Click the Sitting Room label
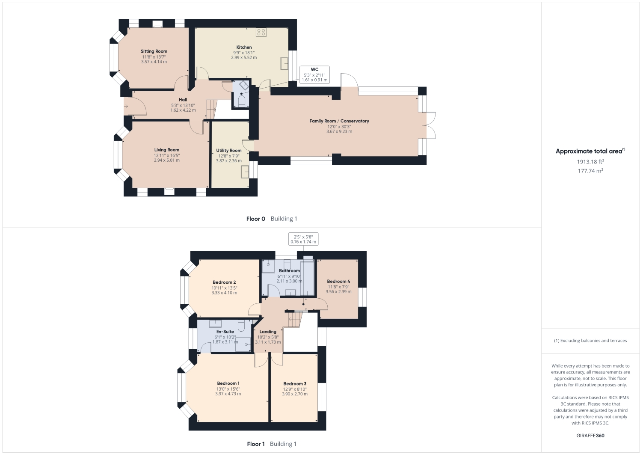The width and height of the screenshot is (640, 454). coord(154,51)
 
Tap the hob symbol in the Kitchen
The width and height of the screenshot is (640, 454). coord(261,33)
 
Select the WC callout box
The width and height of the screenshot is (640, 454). coord(314,74)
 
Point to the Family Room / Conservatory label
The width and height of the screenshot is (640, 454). coord(339,121)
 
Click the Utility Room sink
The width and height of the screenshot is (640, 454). coord(246,172)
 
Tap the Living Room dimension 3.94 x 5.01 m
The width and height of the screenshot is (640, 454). coord(167,160)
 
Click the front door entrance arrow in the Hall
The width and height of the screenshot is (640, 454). coord(126,106)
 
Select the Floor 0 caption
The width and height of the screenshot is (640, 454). coord(256,219)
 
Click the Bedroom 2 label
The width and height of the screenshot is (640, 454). coord(224,282)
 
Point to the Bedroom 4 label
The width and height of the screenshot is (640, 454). coord(338,282)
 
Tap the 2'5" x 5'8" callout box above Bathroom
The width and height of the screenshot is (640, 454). coord(303,239)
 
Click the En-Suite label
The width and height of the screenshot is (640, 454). coord(225,332)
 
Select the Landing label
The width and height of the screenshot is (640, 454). coord(268,332)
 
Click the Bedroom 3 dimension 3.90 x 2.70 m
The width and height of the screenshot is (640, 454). coord(295,394)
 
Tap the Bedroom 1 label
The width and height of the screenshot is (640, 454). coord(228,383)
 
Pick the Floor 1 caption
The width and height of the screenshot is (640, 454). coord(256,444)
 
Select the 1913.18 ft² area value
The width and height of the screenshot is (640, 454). coord(590,162)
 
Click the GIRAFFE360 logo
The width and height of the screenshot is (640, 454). coord(590,436)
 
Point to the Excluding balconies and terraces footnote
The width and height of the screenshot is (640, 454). coord(590,341)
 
